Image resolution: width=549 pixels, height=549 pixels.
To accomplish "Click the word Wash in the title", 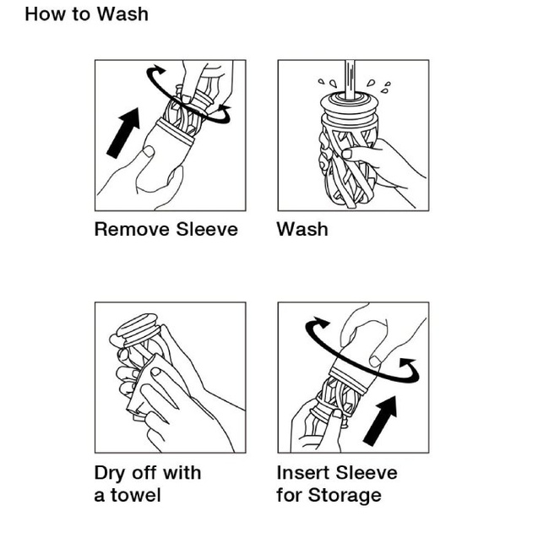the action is point(122,14).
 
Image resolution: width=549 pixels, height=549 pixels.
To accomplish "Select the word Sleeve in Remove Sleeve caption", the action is point(207,230).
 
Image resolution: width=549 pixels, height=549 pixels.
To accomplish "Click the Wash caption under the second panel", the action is point(302,230).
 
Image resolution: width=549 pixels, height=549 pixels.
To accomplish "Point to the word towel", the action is point(136,495).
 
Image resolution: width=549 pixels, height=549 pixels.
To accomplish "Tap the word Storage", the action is point(345,496).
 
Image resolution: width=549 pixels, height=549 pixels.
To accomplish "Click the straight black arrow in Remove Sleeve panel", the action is point(123,133).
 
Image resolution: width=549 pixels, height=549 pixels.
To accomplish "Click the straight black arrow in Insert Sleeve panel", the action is point(380,421).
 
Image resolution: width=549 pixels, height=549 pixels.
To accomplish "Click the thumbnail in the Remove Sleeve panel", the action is point(149,151).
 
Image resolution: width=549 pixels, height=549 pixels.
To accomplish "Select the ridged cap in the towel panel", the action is point(139,328).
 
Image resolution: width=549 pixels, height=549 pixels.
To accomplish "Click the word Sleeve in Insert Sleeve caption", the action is point(367,473).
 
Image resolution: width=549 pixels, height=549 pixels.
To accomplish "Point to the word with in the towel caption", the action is point(182,473).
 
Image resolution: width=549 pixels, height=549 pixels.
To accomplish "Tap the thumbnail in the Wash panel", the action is point(346,154).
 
